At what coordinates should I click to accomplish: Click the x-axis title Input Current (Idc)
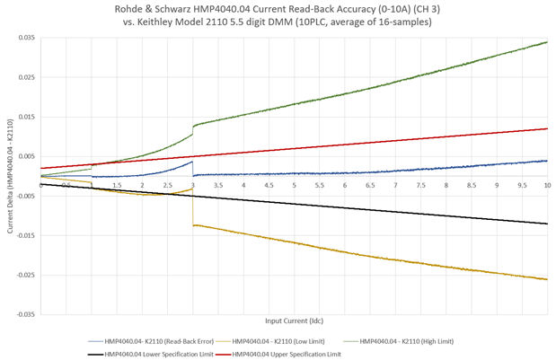[x=294, y=320]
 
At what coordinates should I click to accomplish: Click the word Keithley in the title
[x=170, y=22]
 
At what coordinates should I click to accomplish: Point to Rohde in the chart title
[x=136, y=8]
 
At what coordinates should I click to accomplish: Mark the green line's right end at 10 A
[x=547, y=42]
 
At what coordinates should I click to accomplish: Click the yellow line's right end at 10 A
[x=547, y=279]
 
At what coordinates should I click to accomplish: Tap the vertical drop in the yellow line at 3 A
[x=192, y=209]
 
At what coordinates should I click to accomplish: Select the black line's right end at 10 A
[x=547, y=224]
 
